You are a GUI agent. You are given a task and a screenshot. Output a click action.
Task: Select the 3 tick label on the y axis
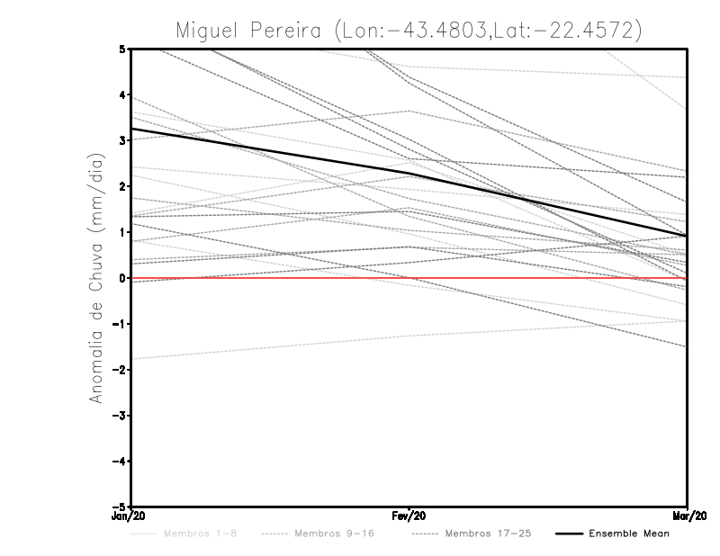(121, 140)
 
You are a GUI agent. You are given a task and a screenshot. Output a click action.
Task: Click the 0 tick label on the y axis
(121, 278)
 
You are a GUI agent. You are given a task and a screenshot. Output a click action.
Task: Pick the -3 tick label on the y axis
(119, 416)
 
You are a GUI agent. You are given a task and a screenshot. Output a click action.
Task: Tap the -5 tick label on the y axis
(119, 507)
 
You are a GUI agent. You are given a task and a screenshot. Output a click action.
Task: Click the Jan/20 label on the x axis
(130, 517)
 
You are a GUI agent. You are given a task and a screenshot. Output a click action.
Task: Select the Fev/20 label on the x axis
(409, 517)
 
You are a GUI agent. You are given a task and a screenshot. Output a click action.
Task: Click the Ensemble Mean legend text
(629, 534)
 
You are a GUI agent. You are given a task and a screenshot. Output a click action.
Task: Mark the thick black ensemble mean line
(270, 151)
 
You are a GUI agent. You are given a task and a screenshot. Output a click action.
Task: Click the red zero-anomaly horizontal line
(540, 278)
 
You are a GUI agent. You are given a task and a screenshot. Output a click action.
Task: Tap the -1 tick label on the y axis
(119, 324)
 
